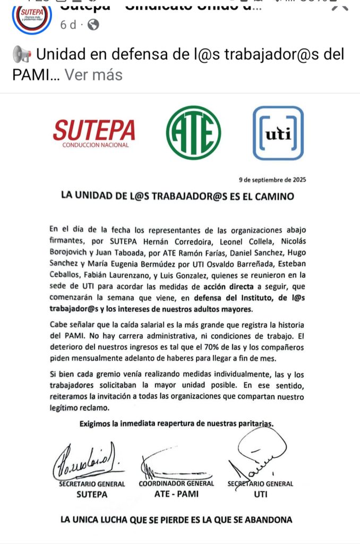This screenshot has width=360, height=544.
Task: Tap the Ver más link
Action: pyautogui.click(x=93, y=75)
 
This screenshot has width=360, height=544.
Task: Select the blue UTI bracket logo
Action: pyautogui.click(x=278, y=133)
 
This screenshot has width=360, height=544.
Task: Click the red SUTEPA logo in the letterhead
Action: pyautogui.click(x=95, y=130)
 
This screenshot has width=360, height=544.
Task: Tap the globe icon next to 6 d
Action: pyautogui.click(x=93, y=24)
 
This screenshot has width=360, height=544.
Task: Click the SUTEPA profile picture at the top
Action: pyautogui.click(x=31, y=18)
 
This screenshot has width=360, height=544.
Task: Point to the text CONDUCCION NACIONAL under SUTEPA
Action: pyautogui.click(x=95, y=145)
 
